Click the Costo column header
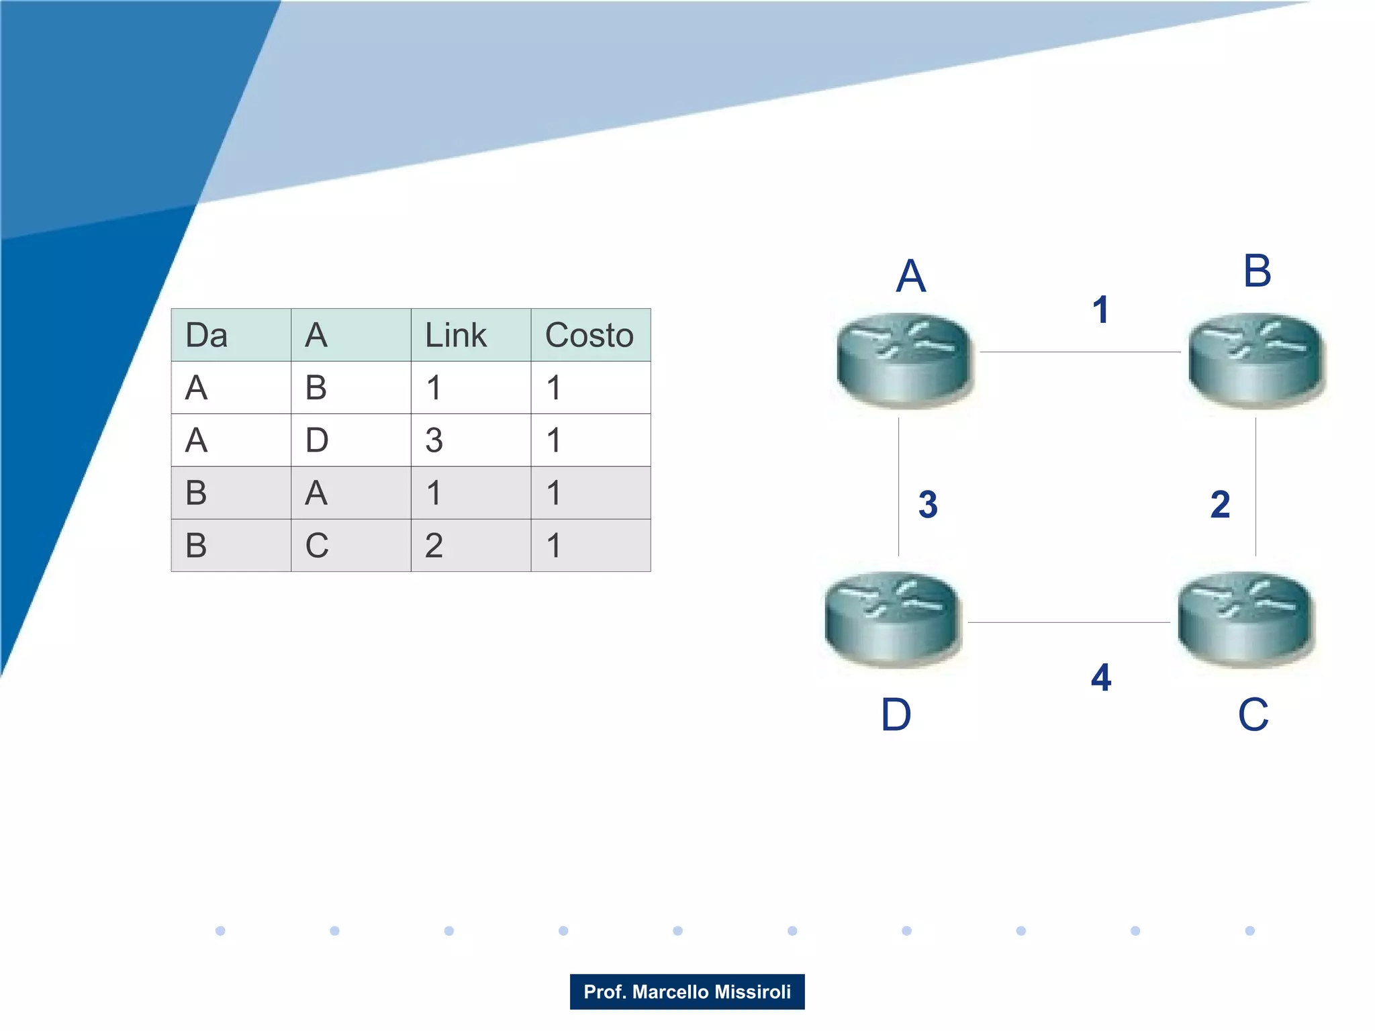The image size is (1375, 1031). [589, 335]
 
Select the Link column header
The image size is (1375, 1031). [456, 335]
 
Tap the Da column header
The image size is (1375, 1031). [207, 335]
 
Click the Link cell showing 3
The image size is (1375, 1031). [434, 440]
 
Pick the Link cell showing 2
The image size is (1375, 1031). [434, 545]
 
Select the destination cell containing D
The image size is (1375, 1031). [317, 440]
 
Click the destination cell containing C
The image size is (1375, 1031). [317, 545]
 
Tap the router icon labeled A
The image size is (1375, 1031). [904, 360]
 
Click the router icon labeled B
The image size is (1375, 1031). [1255, 360]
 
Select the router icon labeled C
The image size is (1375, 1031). [1246, 618]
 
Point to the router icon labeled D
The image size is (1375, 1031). [892, 618]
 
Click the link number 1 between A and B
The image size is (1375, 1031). [1100, 309]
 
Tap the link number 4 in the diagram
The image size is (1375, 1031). [1101, 677]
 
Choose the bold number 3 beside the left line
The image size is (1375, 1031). [928, 504]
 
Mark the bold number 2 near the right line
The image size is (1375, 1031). [1220, 504]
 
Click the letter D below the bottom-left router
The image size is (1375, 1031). [896, 714]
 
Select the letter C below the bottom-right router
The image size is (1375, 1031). [1253, 714]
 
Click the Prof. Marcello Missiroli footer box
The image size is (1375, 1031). [687, 991]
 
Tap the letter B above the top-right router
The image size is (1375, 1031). [1257, 271]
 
